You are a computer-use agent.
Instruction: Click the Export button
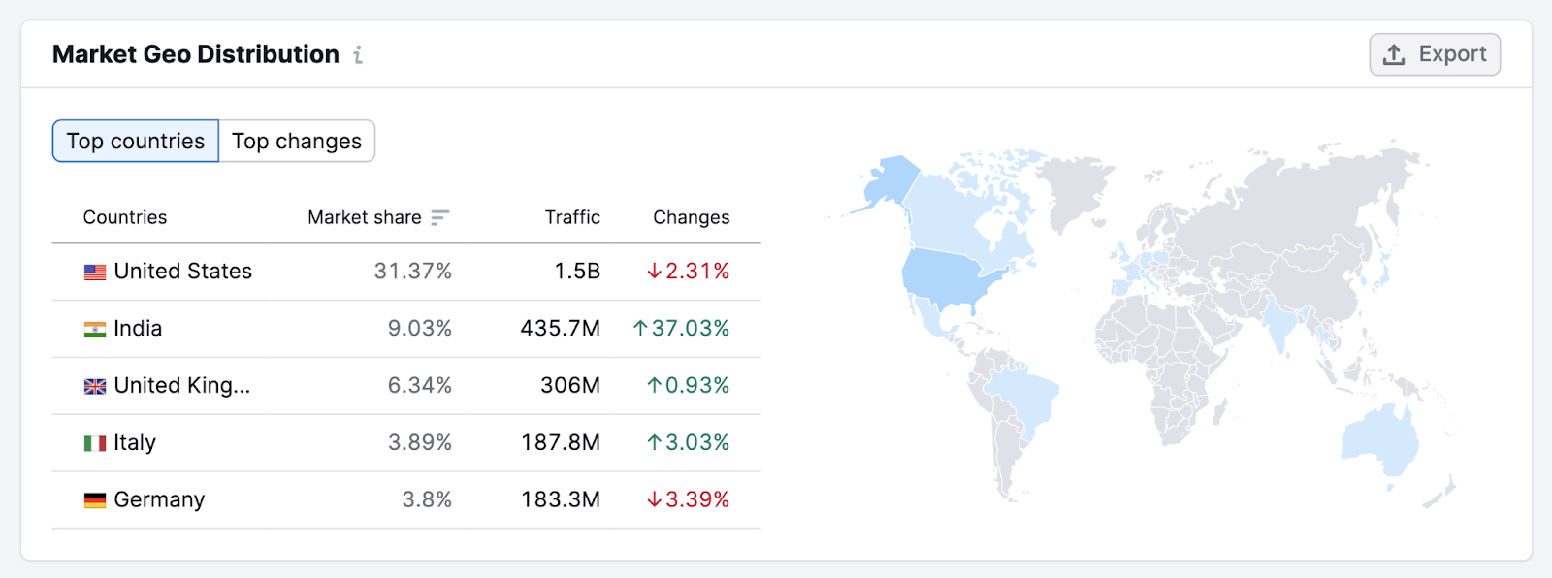(x=1435, y=54)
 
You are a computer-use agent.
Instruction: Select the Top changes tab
(x=297, y=142)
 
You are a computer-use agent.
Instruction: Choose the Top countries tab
(x=136, y=142)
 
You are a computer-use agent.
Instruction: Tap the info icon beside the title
(x=358, y=55)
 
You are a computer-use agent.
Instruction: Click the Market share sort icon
(x=439, y=217)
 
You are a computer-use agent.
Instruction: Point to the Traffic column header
(x=572, y=217)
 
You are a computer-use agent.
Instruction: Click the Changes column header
(x=691, y=217)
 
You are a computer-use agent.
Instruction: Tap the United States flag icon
(x=95, y=273)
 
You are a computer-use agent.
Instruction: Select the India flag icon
(x=95, y=330)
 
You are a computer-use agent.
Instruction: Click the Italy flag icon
(x=95, y=443)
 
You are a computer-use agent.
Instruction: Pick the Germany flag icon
(x=95, y=500)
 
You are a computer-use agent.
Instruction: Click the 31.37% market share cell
(x=413, y=272)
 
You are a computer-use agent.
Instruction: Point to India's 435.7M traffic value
(x=560, y=329)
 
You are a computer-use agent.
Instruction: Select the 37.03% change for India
(x=681, y=329)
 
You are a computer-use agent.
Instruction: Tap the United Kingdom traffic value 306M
(x=570, y=386)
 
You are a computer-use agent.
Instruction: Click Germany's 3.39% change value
(x=688, y=499)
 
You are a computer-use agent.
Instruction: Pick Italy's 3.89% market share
(x=420, y=443)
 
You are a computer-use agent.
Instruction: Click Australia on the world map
(x=1379, y=442)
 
